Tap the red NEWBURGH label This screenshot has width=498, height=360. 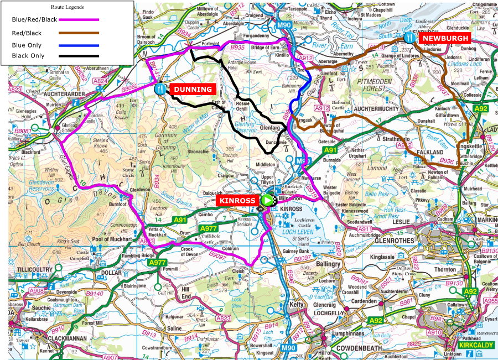click(x=445, y=38)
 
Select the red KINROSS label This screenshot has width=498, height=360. click(x=237, y=200)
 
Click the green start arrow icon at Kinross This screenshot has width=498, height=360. click(x=268, y=200)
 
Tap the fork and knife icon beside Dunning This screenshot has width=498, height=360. click(x=160, y=88)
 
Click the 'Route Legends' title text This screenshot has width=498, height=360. click(x=67, y=7)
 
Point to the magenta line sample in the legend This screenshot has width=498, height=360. click(x=79, y=19)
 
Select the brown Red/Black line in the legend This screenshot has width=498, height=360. click(x=79, y=33)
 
